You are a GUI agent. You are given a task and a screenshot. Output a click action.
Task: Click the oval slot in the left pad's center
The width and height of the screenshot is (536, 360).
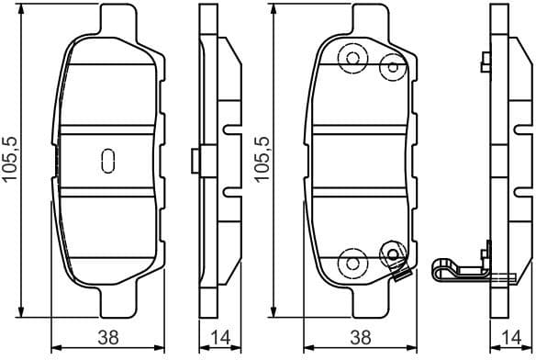106,160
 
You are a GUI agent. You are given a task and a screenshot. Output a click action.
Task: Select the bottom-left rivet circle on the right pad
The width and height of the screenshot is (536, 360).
351,263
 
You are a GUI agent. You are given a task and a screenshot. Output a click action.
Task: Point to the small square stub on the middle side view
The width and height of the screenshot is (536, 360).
193,160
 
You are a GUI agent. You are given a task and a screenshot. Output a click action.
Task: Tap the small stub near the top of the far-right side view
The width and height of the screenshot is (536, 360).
483,62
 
